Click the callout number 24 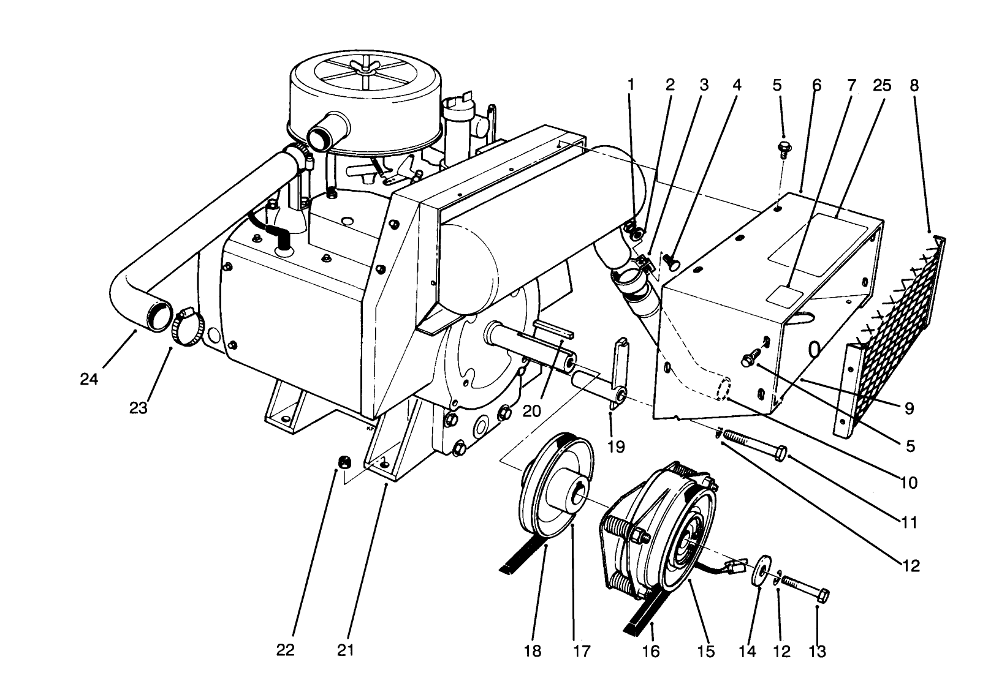click(x=89, y=380)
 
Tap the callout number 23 click(x=139, y=408)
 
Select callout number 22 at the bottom click(x=285, y=650)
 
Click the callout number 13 click(x=818, y=650)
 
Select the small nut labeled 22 click(x=345, y=461)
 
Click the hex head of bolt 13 click(x=823, y=594)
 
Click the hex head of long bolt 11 click(x=781, y=454)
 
